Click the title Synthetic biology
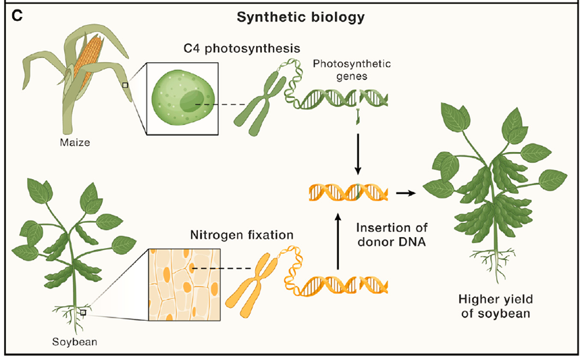click(300, 18)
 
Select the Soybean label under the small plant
click(74, 341)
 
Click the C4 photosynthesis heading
click(242, 49)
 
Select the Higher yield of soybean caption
click(495, 306)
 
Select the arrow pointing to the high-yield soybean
click(404, 193)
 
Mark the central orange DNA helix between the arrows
click(348, 192)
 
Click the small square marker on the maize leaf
click(125, 85)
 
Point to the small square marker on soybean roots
click(83, 313)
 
